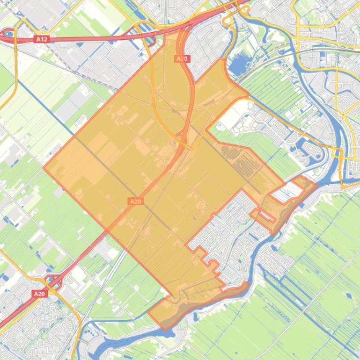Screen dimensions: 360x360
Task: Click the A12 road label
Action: click(x=42, y=40)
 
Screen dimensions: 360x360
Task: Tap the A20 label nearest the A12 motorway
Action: click(x=182, y=59)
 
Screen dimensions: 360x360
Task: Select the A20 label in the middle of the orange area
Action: click(x=135, y=202)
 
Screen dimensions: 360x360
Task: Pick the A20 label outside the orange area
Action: click(x=39, y=294)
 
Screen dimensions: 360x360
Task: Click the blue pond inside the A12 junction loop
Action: click(x=8, y=34)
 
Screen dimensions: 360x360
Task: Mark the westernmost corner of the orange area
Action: click(x=44, y=167)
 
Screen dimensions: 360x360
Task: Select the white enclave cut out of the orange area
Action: click(x=286, y=192)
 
